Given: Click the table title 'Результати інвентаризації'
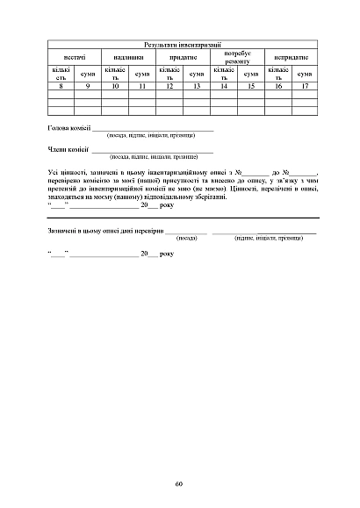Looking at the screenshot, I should [182, 44].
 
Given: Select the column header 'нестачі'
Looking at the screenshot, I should [75, 56].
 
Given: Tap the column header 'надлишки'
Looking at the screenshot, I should [128, 56].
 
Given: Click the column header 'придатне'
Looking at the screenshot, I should [183, 56].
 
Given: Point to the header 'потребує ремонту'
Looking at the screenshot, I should [236, 57].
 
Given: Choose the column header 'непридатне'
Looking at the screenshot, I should [291, 56].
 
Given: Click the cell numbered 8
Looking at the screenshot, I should [61, 88].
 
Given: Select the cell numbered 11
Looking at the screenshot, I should [142, 88].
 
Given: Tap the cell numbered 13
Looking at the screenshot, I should [197, 88].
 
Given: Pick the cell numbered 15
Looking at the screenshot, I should [251, 88].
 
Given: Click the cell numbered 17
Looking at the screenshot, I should [305, 88].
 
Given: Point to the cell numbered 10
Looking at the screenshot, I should [115, 88].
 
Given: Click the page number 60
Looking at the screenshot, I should [178, 483].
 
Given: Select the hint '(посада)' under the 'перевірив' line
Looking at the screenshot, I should [187, 238].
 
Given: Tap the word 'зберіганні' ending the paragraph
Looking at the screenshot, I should [210, 199].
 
